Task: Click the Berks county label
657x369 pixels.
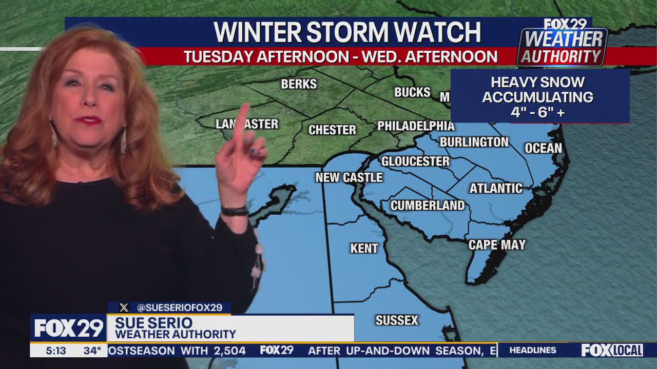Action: [299, 84]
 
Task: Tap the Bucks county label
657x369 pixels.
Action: [412, 92]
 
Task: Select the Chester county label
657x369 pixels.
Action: [332, 130]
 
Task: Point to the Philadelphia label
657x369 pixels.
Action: [416, 126]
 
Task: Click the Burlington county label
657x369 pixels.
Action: [474, 142]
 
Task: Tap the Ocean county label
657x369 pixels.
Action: [543, 149]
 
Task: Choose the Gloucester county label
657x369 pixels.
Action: [415, 161]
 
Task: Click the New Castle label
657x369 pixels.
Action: [349, 178]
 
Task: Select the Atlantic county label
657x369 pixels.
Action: [495, 189]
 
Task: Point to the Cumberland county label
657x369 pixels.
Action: [427, 206]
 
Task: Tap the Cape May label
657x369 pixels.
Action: [497, 245]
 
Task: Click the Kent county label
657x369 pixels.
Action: [364, 249]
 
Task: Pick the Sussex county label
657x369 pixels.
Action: [397, 321]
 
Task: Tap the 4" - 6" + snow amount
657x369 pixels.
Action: [537, 113]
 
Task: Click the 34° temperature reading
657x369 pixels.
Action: [92, 351]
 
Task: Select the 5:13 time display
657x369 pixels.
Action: [55, 351]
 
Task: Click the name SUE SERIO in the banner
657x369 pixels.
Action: [153, 323]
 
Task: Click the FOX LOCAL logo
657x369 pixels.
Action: [612, 351]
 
